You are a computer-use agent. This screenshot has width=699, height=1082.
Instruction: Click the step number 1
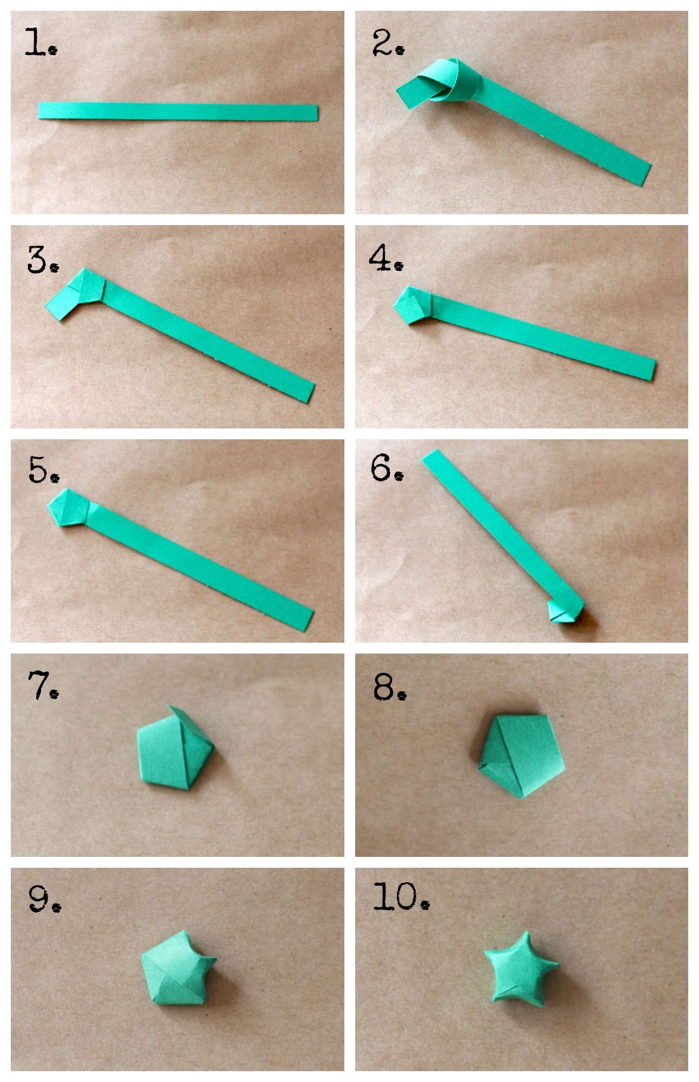click(x=41, y=43)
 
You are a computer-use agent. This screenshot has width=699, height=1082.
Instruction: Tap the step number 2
click(x=388, y=43)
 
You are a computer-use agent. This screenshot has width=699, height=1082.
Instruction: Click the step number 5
click(x=44, y=469)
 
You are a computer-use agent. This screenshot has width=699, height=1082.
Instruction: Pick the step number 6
click(x=387, y=467)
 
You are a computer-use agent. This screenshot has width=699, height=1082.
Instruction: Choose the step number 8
click(x=390, y=688)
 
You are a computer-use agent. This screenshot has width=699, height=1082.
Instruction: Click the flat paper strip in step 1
click(x=178, y=111)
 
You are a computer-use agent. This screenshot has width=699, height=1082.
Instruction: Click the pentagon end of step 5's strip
click(x=68, y=508)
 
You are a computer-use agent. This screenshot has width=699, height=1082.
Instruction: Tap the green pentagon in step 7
click(x=174, y=748)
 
